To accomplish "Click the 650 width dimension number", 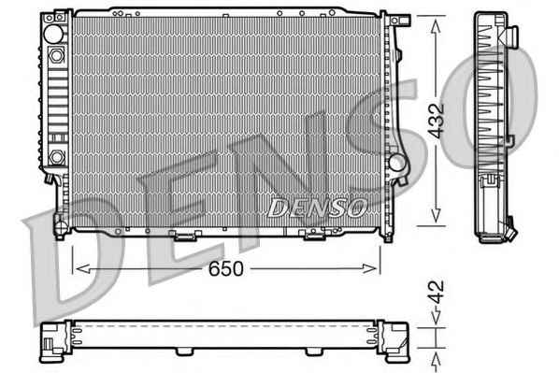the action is (x=225, y=268).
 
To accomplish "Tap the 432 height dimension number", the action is (x=436, y=121).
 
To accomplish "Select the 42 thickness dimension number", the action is (x=436, y=292).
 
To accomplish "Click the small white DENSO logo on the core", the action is (x=317, y=208).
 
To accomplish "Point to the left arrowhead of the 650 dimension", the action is (x=82, y=268).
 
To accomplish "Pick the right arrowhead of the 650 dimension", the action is (x=369, y=268).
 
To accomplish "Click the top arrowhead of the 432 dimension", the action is (x=436, y=27).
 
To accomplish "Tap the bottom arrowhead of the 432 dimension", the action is (x=436, y=216).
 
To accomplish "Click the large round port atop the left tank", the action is (x=54, y=34).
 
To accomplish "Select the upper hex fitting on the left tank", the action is (x=57, y=55).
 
